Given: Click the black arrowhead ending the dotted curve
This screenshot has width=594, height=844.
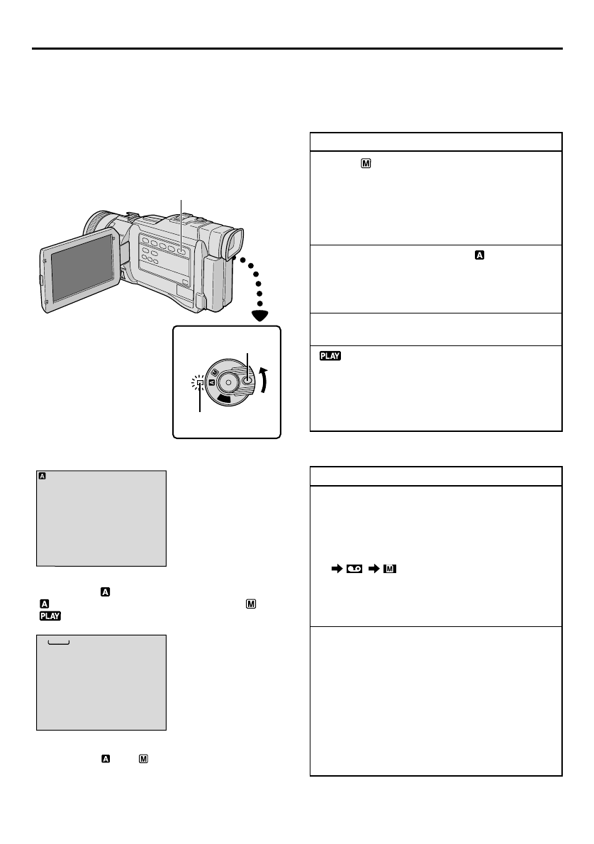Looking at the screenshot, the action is point(264,316).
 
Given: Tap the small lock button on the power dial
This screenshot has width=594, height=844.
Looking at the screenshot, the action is point(247,380).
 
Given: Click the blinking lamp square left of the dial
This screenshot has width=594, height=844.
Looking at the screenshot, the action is point(201,384).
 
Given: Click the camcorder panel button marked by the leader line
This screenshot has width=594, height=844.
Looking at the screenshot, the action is point(181,250).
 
